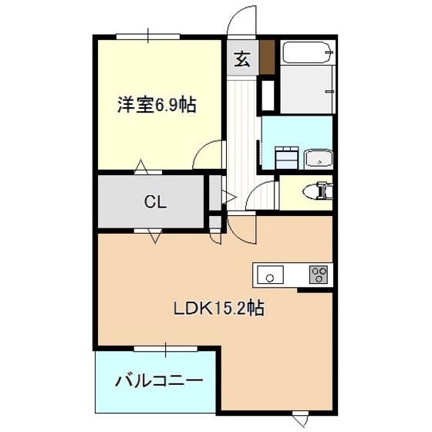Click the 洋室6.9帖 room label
coord(157,105)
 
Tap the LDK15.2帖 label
coord(219,308)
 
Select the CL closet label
coord(155,202)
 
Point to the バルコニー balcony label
coord(159,380)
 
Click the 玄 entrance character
coord(242,59)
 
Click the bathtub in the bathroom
coord(308,52)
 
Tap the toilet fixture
coord(317,190)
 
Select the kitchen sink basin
coord(270,275)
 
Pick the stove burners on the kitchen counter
coord(319,275)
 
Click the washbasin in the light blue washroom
coord(319,159)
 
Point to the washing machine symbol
coord(287,157)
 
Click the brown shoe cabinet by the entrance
coord(268,57)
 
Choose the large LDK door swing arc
coord(236,235)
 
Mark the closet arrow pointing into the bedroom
coord(140,167)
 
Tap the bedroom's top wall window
coord(148,36)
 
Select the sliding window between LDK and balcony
coord(166,349)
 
